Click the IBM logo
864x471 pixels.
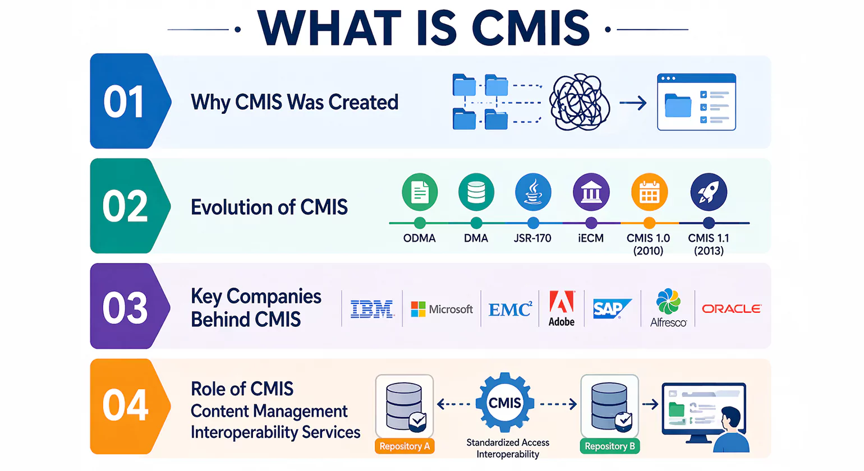[x=371, y=309]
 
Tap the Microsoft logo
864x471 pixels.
[x=442, y=309]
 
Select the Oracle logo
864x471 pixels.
[x=731, y=309]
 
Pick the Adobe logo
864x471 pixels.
[x=562, y=308]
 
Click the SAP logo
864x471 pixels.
[x=611, y=308]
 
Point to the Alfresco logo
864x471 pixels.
[x=668, y=308]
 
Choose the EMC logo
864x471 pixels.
[x=509, y=309]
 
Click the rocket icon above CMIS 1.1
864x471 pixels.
[x=709, y=192]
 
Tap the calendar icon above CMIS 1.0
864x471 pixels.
[x=649, y=192]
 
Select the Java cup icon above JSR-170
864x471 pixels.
[x=533, y=192]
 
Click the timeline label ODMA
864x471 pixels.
[x=419, y=238]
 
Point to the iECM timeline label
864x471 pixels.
[x=591, y=238]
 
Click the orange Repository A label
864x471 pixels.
[x=405, y=446]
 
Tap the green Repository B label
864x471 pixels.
[x=610, y=446]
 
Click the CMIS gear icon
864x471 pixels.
[x=505, y=403]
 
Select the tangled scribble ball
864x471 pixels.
[x=580, y=102]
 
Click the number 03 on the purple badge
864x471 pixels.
[x=125, y=308]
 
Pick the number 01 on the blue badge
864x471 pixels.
[x=124, y=102]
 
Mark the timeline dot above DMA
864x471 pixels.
[x=476, y=223]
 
